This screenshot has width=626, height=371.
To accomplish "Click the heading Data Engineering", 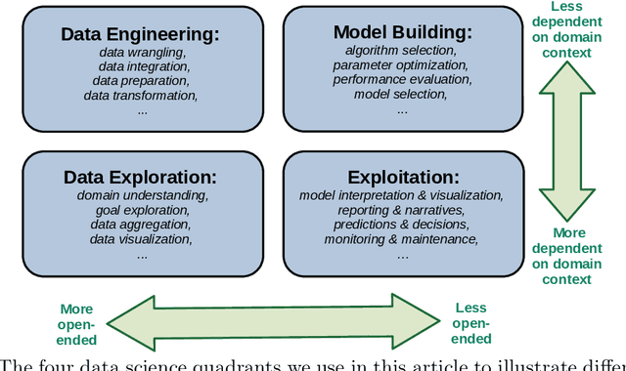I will (141, 34).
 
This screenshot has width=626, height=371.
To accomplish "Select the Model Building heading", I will (402, 31).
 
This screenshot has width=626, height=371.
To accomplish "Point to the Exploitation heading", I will (403, 178).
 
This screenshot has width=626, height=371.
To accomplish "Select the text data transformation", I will (141, 96).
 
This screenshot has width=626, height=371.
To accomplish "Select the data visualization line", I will (141, 239).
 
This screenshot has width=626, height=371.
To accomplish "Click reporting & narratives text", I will (401, 210).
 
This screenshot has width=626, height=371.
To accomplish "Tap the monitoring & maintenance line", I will (401, 239).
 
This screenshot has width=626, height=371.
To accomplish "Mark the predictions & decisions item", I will (401, 225).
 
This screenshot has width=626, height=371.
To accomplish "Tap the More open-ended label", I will (77, 324).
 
